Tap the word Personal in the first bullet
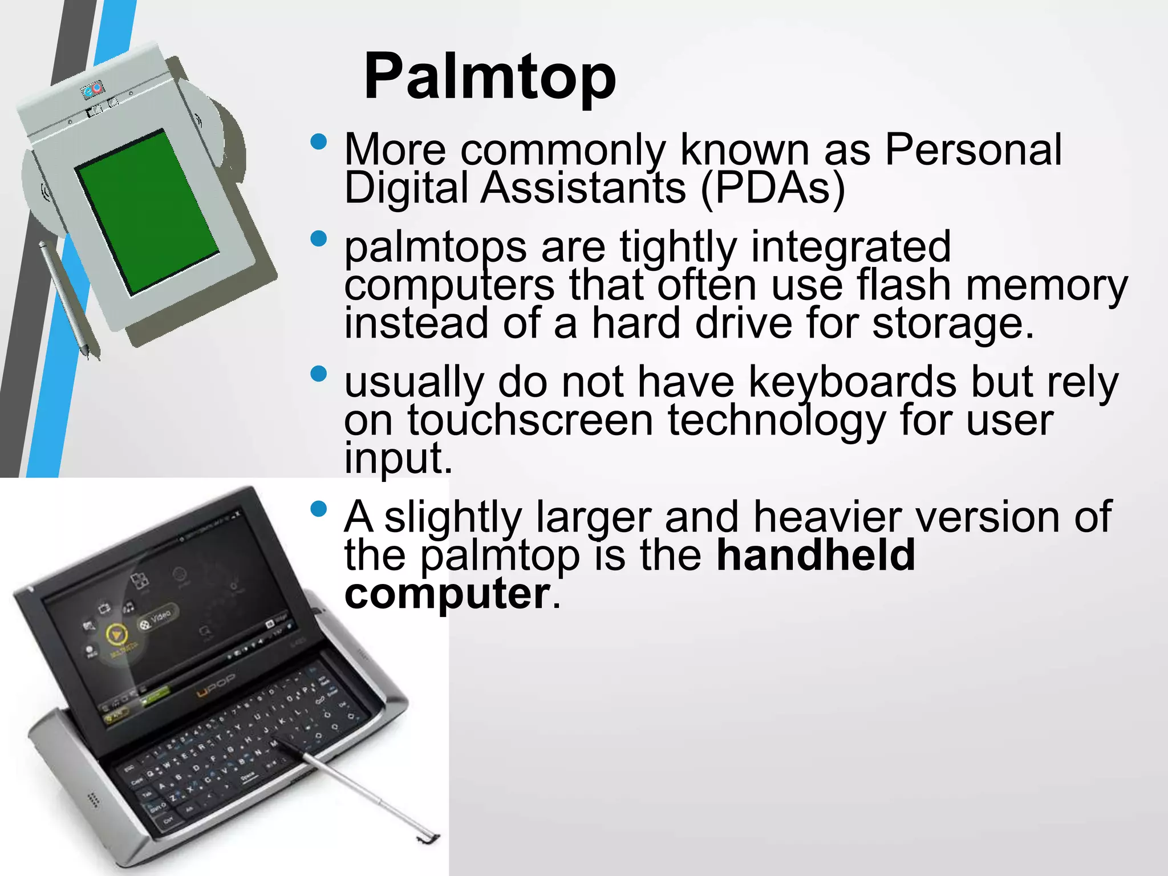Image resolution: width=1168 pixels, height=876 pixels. click(x=973, y=149)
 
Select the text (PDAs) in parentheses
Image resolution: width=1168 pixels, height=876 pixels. click(x=772, y=188)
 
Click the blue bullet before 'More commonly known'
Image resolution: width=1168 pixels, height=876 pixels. click(x=319, y=141)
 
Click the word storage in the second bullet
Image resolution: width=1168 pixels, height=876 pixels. click(x=952, y=323)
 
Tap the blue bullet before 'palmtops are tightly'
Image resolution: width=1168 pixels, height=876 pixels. click(x=319, y=238)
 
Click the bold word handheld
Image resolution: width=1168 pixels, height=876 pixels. click(x=816, y=554)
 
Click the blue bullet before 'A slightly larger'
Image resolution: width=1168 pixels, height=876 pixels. click(x=319, y=508)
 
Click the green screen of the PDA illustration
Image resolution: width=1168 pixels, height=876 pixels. click(x=147, y=212)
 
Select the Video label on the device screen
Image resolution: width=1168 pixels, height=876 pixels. click(x=161, y=616)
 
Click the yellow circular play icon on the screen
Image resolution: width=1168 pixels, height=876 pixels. click(x=116, y=634)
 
